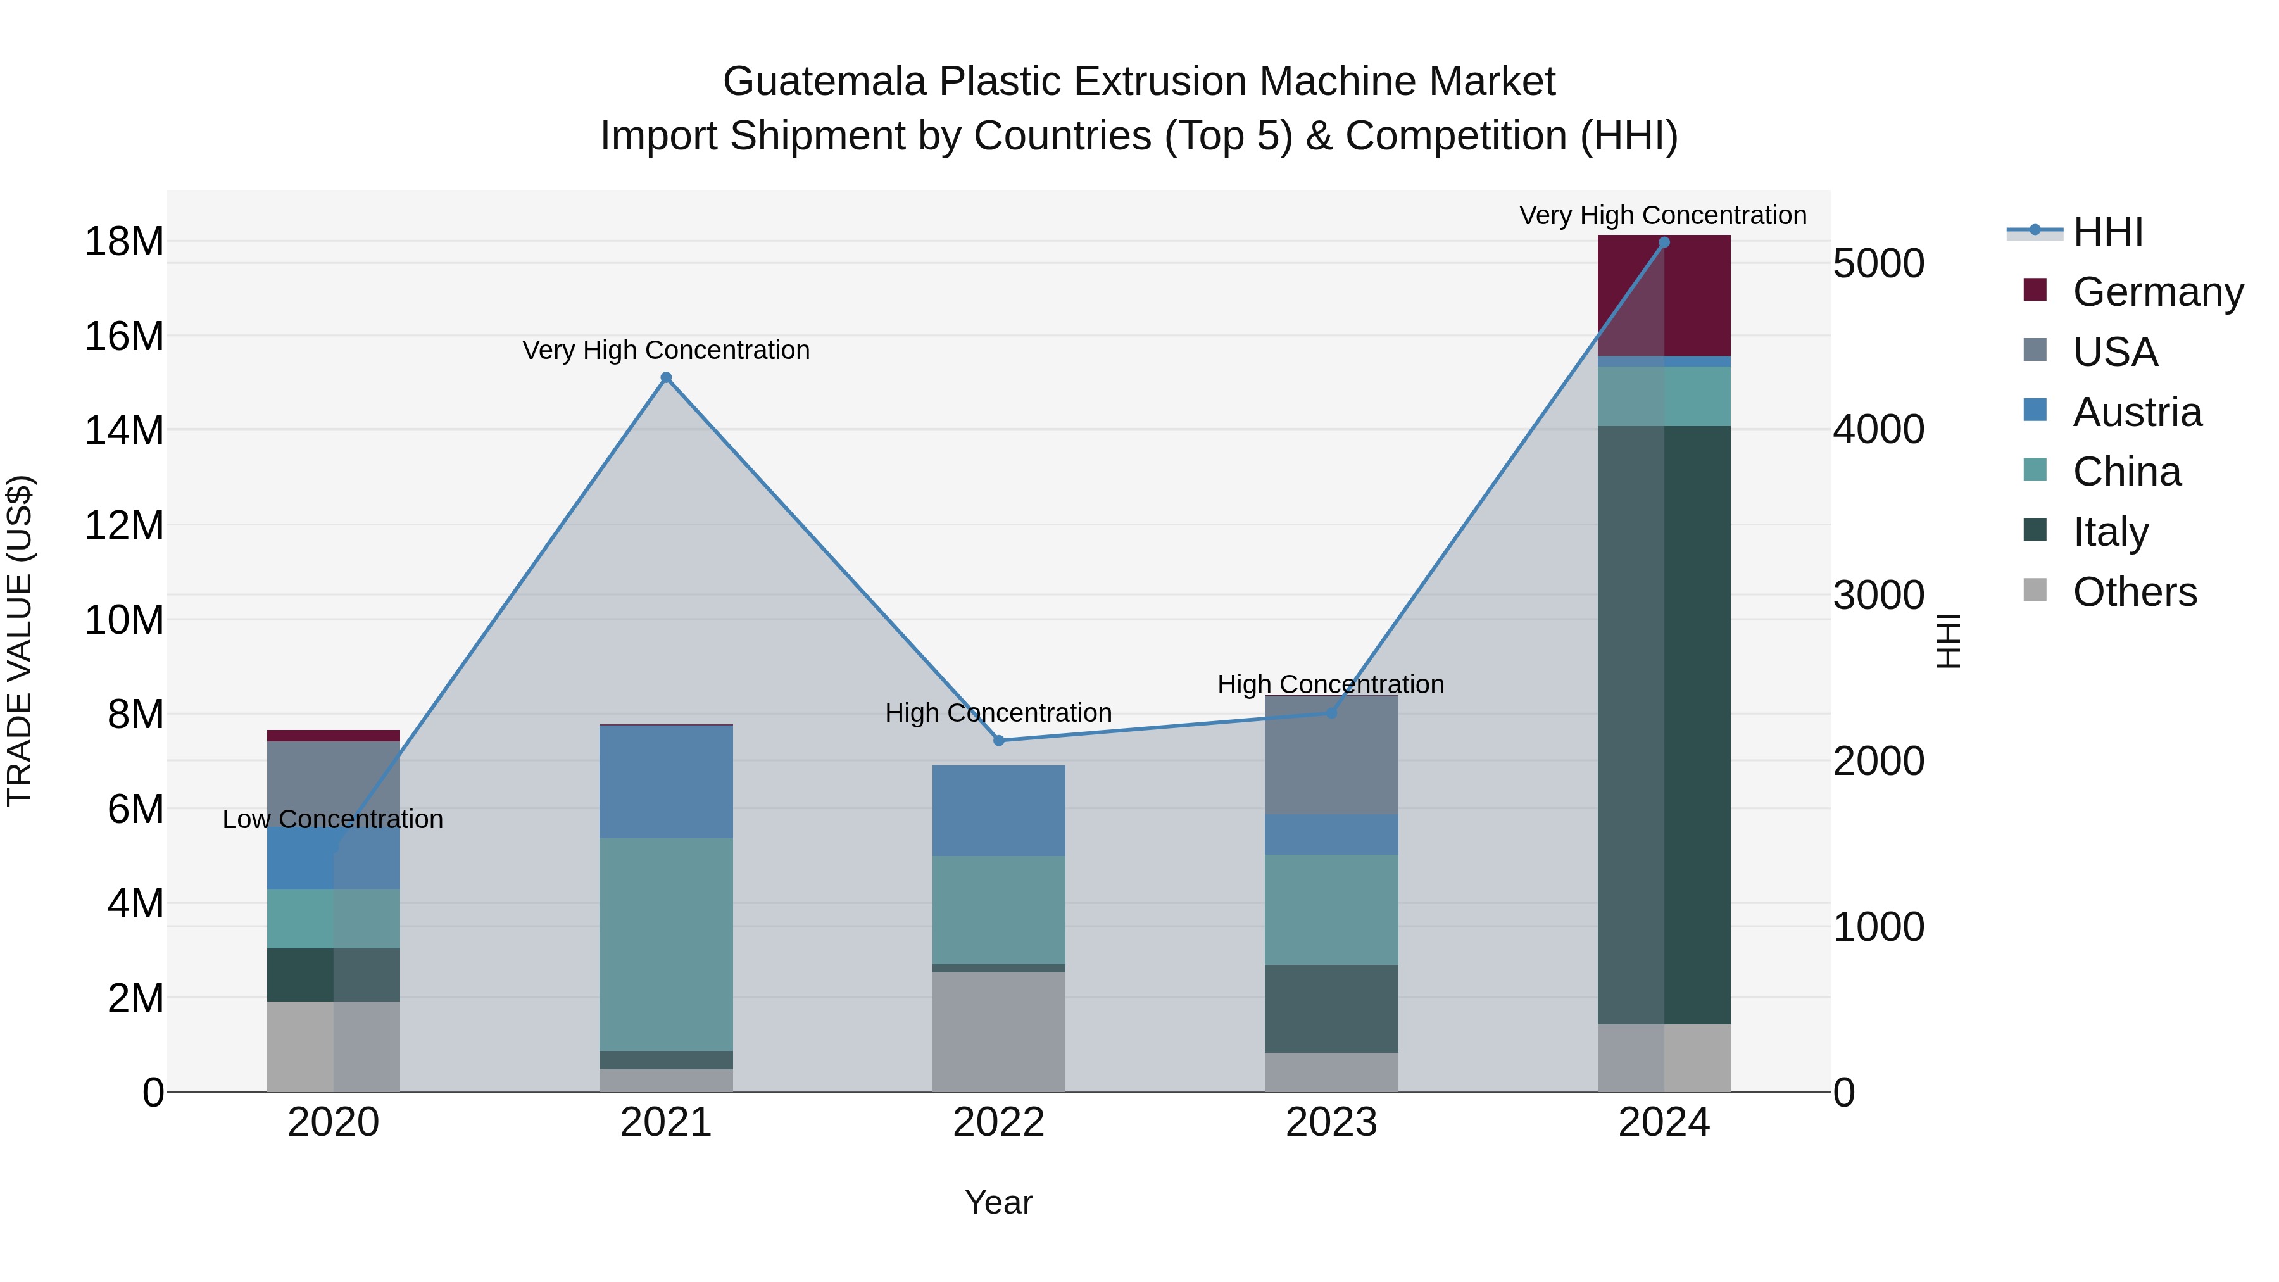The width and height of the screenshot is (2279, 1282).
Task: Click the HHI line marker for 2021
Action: click(x=666, y=378)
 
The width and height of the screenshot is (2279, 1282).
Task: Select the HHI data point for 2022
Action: click(x=999, y=741)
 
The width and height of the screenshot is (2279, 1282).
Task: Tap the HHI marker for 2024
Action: click(x=1664, y=242)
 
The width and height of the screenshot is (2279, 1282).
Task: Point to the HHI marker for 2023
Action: click(x=1331, y=712)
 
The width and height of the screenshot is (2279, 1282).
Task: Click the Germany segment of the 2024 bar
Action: click(x=1664, y=296)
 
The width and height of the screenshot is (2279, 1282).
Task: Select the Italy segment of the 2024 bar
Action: click(x=1664, y=726)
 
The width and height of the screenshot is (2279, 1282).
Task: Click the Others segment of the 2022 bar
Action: click(x=999, y=1032)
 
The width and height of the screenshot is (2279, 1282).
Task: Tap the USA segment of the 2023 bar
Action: click(x=1331, y=755)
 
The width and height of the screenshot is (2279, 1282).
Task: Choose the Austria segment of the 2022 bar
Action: click(x=999, y=810)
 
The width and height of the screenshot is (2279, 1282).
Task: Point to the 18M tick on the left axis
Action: click(x=124, y=242)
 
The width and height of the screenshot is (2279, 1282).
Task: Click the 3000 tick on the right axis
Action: click(x=1878, y=596)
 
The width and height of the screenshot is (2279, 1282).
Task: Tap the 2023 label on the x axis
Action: click(x=1331, y=1122)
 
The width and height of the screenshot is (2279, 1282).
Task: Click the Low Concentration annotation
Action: click(x=332, y=819)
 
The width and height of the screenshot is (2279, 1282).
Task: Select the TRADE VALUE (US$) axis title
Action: click(x=20, y=641)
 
